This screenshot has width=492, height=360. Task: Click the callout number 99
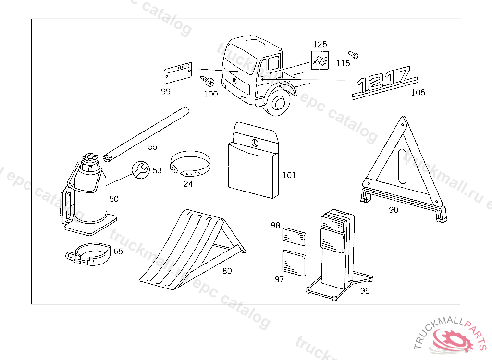coord(165,91)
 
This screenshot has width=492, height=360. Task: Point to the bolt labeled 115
coord(354,54)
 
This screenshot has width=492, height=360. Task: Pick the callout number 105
coord(418,92)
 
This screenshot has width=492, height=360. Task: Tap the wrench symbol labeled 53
coord(140,169)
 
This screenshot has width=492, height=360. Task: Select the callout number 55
coord(152,147)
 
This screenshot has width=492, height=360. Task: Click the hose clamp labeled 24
coord(191,165)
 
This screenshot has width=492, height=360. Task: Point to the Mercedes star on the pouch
coord(255,143)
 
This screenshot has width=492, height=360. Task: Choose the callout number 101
coord(289,175)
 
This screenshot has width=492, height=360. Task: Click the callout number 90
coord(394,210)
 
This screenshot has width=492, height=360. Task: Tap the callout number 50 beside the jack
coord(114,199)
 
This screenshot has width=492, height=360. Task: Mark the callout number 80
coord(227,271)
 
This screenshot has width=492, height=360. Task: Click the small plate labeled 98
coord(294,237)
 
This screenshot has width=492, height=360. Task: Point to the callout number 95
coord(365,291)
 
